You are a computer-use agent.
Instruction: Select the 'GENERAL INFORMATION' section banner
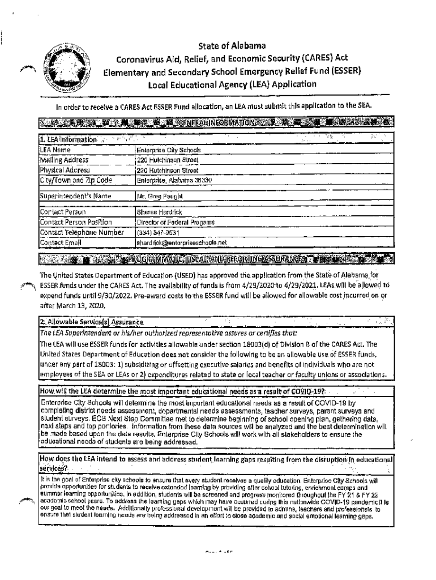coord(217,122)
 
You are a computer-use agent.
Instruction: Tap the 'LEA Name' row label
coord(54,150)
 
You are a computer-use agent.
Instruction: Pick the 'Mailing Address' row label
coord(64,160)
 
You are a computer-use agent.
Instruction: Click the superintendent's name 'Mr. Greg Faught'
coord(159,196)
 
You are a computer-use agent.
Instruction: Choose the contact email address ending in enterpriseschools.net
coord(181,242)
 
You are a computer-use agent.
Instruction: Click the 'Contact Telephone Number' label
coord(81,232)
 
